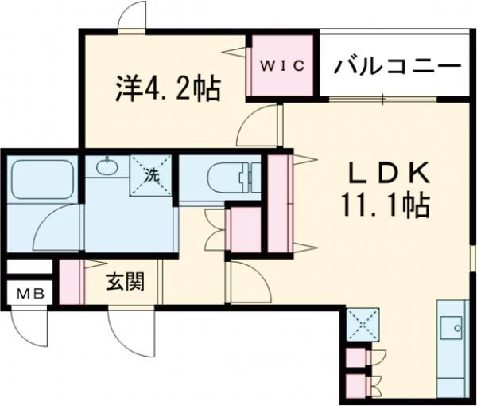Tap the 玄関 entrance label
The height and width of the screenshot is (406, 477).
126,281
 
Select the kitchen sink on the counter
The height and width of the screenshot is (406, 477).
456,326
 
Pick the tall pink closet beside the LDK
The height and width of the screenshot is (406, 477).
279,203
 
